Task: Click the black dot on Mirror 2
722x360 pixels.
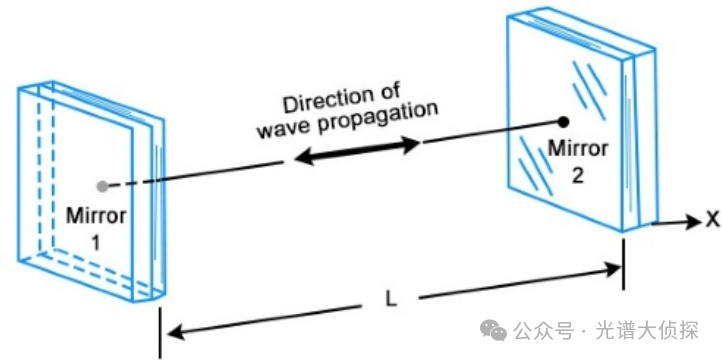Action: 562,122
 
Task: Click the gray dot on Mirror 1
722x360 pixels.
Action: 102,186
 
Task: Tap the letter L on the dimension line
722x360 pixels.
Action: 390,300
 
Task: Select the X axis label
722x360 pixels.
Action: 712,221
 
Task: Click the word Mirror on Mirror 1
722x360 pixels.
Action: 96,216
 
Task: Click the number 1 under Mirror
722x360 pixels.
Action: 95,243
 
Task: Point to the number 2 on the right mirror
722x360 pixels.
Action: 577,176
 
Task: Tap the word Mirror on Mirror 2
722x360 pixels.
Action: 577,149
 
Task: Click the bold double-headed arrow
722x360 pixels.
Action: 357,151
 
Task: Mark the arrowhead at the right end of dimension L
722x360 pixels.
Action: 613,269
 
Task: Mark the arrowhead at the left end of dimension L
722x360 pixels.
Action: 173,331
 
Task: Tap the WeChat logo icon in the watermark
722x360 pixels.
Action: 494,330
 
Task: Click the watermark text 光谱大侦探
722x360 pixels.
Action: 647,330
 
